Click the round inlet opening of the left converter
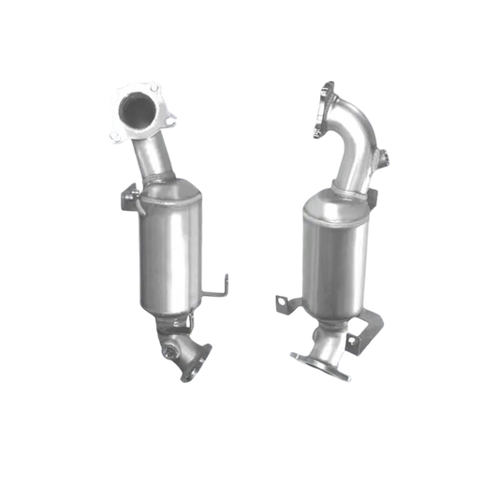(x=134, y=110)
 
